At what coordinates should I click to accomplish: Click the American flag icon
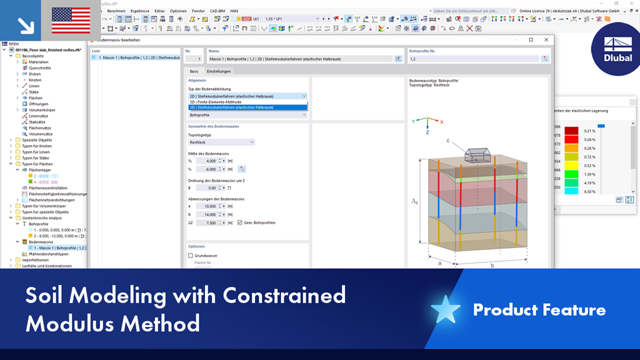[x=70, y=21]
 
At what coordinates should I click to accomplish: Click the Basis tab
[x=194, y=72]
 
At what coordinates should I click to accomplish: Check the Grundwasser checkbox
[x=191, y=256]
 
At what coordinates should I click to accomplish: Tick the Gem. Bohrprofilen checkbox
[x=240, y=222]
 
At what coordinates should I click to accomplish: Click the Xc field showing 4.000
[x=207, y=161]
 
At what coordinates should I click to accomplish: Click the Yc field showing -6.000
[x=207, y=169]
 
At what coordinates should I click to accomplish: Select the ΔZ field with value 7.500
[x=207, y=222]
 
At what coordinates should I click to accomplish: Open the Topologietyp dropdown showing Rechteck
[x=221, y=142]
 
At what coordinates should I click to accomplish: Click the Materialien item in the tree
[x=39, y=62]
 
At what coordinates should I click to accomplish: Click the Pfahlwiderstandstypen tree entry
[x=49, y=254]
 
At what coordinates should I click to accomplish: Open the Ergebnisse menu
[x=139, y=11]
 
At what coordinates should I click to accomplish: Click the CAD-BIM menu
[x=218, y=11]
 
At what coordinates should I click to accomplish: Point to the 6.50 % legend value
[x=589, y=191]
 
